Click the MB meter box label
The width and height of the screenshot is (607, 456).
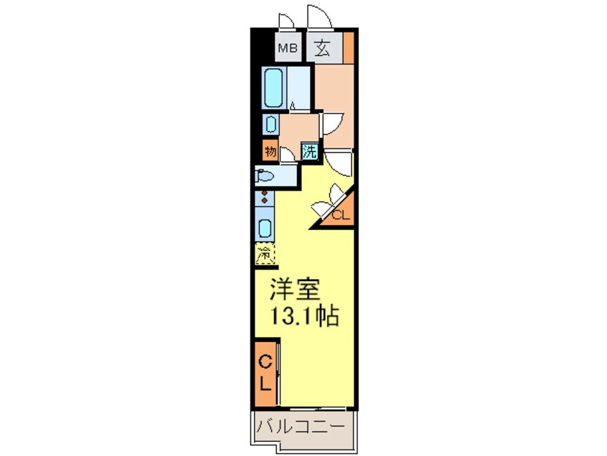pos(288,49)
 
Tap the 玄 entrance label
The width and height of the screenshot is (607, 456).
pos(322,49)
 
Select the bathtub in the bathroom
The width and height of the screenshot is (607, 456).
pos(273,87)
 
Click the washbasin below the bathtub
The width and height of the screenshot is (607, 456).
pos(270,124)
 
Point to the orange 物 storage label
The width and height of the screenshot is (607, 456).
pos(270,151)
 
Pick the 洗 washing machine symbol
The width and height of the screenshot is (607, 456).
pos(309,151)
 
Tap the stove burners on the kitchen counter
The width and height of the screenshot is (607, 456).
pos(265,197)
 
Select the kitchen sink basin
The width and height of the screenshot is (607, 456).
pos(265,229)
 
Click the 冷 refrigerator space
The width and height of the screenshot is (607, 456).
pos(265,254)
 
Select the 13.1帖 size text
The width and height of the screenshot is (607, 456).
pos(303,315)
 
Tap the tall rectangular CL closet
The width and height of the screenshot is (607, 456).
pos(265,372)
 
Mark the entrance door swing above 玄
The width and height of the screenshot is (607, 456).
pos(317,17)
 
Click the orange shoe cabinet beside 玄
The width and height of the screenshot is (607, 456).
pos(349,47)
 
